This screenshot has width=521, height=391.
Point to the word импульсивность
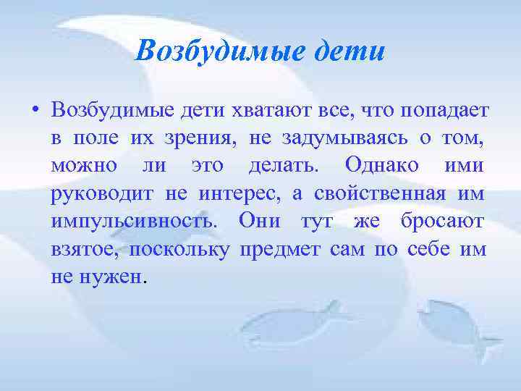pyautogui.click(x=134, y=221)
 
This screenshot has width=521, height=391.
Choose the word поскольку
pyautogui.click(x=185, y=249)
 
